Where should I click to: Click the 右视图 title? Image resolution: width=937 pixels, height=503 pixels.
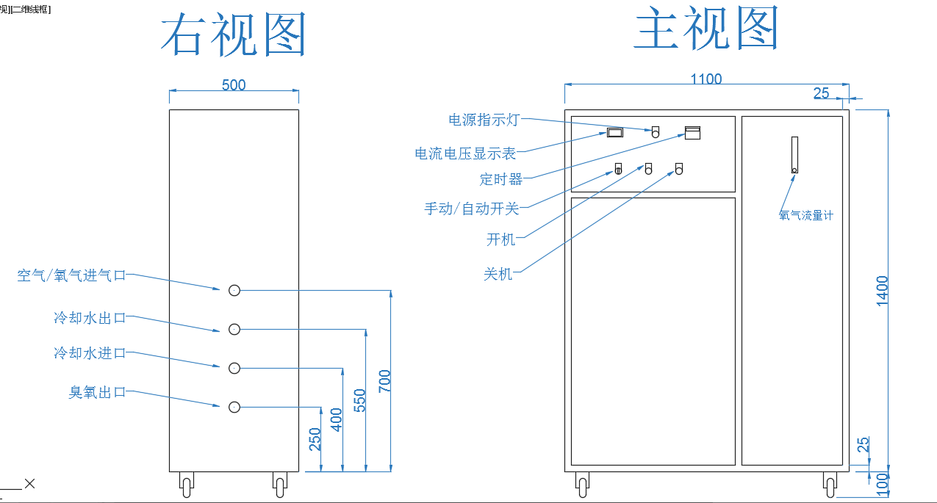(233, 36)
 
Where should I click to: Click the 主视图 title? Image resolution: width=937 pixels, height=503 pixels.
(706, 30)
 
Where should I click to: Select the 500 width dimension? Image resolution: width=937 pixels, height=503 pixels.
(234, 84)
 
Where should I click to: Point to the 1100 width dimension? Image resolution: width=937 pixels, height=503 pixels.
(706, 79)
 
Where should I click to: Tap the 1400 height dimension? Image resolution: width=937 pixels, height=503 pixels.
(883, 290)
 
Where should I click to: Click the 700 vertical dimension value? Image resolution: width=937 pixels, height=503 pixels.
(384, 381)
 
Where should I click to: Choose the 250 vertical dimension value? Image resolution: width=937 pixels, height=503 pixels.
(315, 440)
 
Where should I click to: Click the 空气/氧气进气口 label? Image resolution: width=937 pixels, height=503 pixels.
(71, 275)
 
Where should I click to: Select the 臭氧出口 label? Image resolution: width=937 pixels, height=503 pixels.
(98, 393)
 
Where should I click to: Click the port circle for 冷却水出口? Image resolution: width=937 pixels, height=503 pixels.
(234, 330)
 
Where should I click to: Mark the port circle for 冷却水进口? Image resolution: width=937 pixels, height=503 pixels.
(234, 368)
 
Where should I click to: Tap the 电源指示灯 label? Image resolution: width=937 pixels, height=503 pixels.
(484, 119)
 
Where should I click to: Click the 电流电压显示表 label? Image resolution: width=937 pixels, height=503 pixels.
(465, 153)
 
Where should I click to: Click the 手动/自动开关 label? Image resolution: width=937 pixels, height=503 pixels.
(471, 209)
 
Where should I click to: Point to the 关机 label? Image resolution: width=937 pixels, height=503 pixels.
(498, 274)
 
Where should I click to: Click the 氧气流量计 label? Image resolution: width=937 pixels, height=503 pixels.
(806, 216)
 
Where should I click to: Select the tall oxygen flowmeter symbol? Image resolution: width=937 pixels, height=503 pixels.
(794, 155)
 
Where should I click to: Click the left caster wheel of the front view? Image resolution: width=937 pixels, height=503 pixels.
(582, 484)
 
